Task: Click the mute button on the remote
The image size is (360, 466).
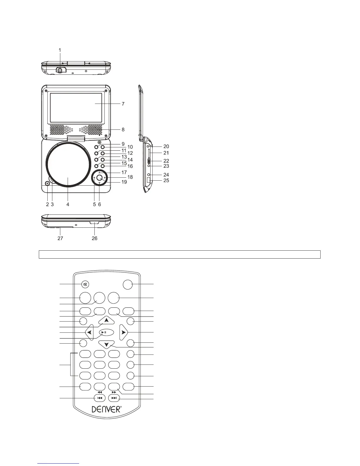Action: [x=85, y=284]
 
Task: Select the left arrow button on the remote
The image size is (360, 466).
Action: [x=89, y=332]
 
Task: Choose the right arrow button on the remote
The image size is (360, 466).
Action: [x=124, y=332]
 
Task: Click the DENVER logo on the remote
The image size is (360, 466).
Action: [x=106, y=409]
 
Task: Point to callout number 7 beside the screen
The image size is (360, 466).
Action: [x=123, y=104]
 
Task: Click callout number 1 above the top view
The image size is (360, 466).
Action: [x=60, y=50]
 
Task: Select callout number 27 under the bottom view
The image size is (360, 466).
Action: [x=60, y=238]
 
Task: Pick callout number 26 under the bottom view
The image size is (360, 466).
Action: [x=94, y=238]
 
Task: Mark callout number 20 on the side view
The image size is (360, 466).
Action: [x=166, y=146]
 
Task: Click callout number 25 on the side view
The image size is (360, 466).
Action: [x=166, y=180]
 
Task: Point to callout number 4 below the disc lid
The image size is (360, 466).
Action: [x=68, y=204]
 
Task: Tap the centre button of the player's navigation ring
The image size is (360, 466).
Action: [x=99, y=177]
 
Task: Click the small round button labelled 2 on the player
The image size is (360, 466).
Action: [x=47, y=184]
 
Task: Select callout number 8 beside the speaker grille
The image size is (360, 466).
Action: [x=123, y=129]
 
